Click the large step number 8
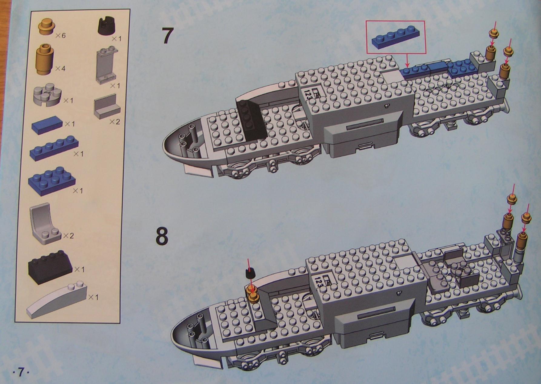(162, 237)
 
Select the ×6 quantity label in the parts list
(61, 36)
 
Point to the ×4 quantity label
(60, 69)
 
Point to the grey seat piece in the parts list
(45, 223)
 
